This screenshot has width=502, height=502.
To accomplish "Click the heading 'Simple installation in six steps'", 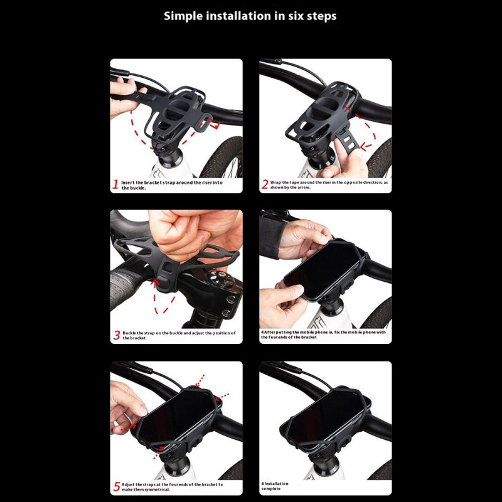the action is tap(250, 16).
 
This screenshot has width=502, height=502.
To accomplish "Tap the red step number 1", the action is tap(115, 184).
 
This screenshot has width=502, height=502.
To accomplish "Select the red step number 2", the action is tap(264, 184).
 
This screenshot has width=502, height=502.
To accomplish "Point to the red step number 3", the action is tap(117, 335).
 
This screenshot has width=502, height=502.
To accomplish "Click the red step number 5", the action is tap(117, 487).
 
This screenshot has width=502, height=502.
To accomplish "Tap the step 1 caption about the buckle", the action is tap(171, 185).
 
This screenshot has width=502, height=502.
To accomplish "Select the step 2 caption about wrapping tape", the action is tap(329, 184).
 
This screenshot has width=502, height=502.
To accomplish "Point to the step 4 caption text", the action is tap(323, 334).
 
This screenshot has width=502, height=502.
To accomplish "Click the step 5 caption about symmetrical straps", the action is tap(172, 487).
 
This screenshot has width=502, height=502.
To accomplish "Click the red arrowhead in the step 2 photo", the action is tap(365, 147).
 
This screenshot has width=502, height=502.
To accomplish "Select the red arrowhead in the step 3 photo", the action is tap(156, 282).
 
